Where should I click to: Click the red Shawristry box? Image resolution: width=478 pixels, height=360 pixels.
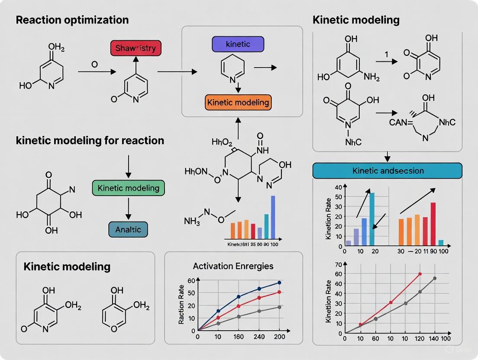pos(136,48)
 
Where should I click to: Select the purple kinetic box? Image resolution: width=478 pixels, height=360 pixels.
pos(238,44)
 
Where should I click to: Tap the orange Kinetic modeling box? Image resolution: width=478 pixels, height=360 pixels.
pos(238,103)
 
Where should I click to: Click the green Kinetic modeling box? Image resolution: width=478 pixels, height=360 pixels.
pos(129,188)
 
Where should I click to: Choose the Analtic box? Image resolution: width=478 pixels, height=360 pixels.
pos(129,229)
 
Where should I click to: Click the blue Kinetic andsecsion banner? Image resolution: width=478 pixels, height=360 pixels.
pos(387,170)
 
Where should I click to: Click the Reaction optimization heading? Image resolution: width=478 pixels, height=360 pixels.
pos(72,20)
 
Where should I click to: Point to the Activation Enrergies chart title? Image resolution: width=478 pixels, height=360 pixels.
pos(233,266)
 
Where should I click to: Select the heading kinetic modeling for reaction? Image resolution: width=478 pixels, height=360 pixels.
pos(90,141)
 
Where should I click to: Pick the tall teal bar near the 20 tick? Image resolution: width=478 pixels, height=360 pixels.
pos(371,219)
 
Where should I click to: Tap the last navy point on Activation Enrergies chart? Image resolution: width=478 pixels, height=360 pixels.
pos(279,283)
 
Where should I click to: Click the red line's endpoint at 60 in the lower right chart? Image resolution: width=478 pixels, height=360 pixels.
pos(420,274)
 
